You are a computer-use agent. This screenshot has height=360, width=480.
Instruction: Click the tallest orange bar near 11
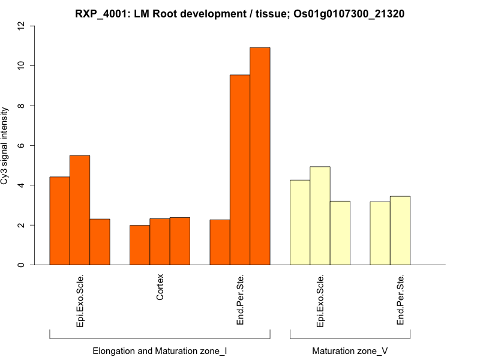(x=260, y=156)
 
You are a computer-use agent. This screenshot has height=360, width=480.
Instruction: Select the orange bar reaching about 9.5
(x=240, y=170)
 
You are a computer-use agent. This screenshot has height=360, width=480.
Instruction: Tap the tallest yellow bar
(x=320, y=216)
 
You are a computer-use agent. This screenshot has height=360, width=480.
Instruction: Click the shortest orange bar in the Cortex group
(x=140, y=245)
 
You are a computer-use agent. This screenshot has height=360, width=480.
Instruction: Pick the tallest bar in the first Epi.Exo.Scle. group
(x=80, y=210)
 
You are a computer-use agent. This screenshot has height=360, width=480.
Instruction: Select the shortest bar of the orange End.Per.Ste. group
(x=220, y=242)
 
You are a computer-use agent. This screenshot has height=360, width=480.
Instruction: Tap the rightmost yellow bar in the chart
(x=400, y=230)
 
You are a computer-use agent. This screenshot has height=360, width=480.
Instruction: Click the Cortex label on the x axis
(x=160, y=287)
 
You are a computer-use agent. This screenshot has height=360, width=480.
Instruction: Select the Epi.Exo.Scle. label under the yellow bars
(x=320, y=301)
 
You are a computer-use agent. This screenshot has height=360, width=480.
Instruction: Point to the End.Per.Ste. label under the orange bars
(x=240, y=300)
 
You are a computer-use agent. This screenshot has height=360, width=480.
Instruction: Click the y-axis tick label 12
(x=22, y=26)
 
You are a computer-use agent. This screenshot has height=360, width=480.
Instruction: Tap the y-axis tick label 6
(x=22, y=145)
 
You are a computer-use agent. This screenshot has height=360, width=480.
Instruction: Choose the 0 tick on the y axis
(x=22, y=265)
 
